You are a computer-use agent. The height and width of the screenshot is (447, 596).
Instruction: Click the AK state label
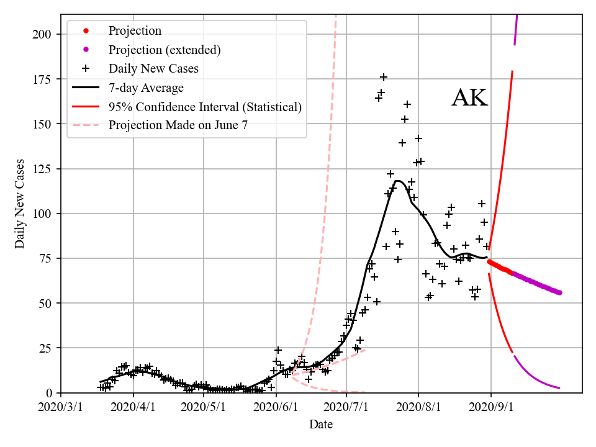[x=469, y=98]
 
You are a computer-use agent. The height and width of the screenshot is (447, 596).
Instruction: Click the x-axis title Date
[x=321, y=425]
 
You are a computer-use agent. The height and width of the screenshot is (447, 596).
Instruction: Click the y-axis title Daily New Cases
[x=20, y=204]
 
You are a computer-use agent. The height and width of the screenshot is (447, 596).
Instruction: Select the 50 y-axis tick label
[x=48, y=303]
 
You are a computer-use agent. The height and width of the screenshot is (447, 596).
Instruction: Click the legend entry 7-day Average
[x=146, y=88]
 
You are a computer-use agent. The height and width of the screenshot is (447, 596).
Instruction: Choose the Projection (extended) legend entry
[x=165, y=50]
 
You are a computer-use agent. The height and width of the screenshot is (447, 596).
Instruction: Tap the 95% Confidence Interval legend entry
[x=205, y=107]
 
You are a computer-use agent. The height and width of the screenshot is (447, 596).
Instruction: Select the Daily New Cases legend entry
[x=153, y=68]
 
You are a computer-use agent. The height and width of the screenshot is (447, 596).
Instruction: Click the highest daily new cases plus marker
[x=384, y=77]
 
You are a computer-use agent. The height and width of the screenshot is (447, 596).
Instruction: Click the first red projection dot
[x=489, y=261]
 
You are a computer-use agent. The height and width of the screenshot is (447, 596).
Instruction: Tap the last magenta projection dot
[x=559, y=292]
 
